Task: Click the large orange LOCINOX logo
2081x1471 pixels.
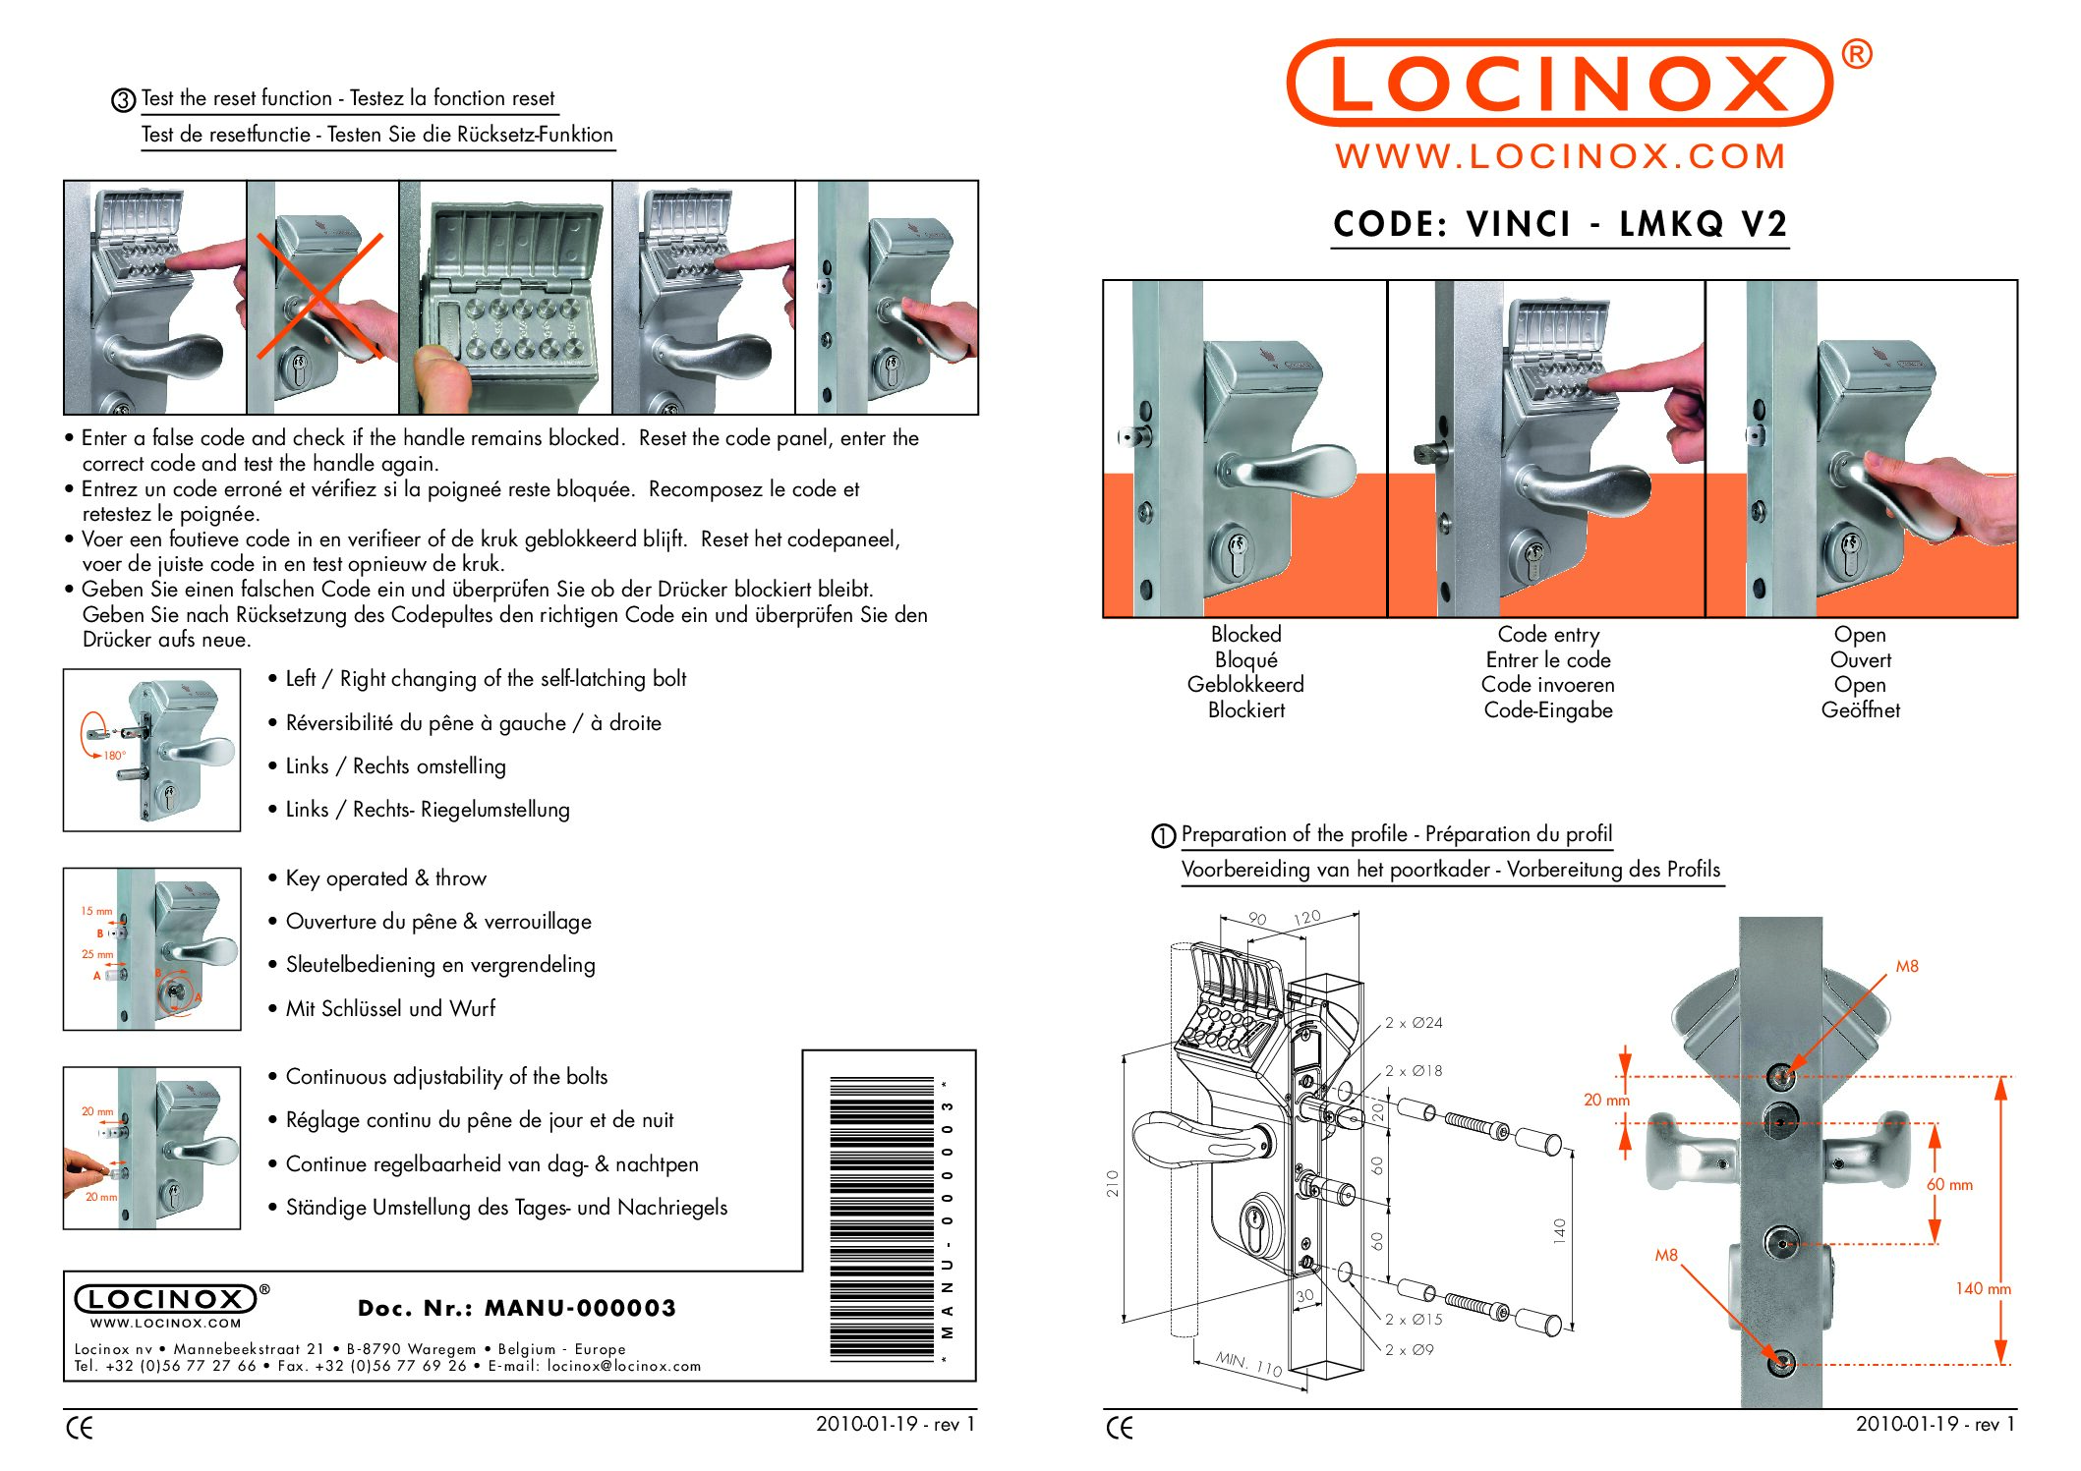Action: pos(1559,84)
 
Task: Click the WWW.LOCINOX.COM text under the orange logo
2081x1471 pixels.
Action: pos(1560,156)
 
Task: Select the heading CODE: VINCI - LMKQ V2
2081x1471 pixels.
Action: pos(1559,224)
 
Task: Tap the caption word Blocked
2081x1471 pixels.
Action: pos(1245,635)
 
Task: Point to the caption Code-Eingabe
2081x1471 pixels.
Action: pos(1547,710)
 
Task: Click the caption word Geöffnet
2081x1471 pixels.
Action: pos(1860,710)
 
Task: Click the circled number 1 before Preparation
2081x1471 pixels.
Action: pos(1163,836)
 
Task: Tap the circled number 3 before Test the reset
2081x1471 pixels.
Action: pos(124,100)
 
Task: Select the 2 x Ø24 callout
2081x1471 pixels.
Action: pos(1414,1023)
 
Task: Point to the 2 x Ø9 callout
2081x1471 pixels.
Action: pos(1409,1350)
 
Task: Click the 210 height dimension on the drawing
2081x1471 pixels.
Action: pos(1113,1183)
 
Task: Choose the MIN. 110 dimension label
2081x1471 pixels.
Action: pos(1248,1363)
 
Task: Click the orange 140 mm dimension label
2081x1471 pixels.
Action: pos(1982,1288)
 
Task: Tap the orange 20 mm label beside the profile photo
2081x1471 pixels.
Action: pos(1605,1101)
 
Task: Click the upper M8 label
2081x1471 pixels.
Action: pos(1907,967)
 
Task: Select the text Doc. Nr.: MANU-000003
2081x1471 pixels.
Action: pos(517,1308)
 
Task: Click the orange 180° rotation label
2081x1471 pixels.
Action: pos(114,756)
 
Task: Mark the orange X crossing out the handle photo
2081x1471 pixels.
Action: pos(319,295)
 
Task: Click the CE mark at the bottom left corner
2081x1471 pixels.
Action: pos(80,1428)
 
